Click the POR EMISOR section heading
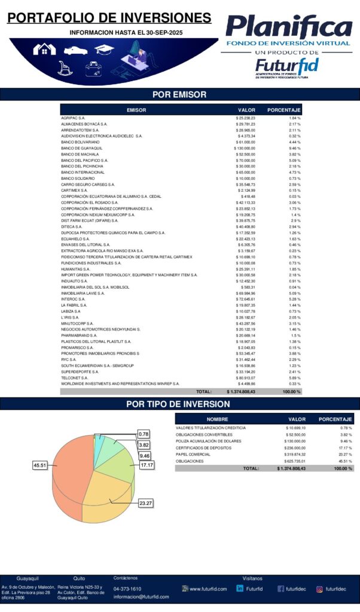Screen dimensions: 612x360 click(x=179, y=94)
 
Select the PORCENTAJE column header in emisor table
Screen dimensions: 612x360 click(x=283, y=110)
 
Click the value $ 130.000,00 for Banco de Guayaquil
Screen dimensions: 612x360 click(x=245, y=148)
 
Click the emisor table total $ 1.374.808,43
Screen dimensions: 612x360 click(x=242, y=391)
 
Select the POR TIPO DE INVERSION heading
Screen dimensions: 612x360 click(x=179, y=404)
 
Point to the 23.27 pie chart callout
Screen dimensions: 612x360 click(x=145, y=503)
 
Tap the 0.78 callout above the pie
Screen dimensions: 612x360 click(x=144, y=433)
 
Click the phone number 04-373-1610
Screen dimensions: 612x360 click(x=127, y=589)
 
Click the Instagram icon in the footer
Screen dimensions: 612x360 click(x=319, y=589)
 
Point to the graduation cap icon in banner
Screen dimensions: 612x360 click(x=104, y=50)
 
